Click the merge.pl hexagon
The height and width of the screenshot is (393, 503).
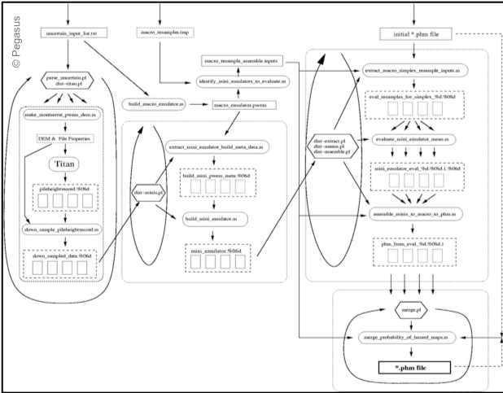[410, 311]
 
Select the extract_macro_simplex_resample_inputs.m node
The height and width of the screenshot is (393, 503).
[413, 72]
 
